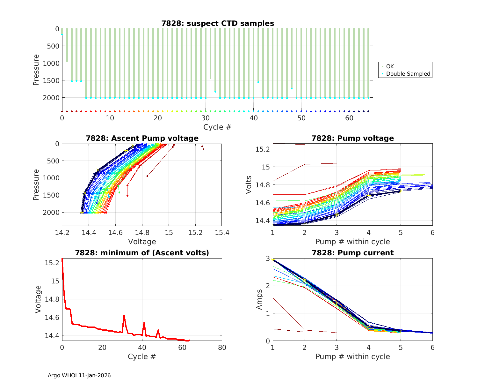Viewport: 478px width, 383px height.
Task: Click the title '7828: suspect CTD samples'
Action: (218, 23)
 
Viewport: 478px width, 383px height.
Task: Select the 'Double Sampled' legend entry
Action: (408, 74)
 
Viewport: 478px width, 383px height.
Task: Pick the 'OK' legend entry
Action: (390, 66)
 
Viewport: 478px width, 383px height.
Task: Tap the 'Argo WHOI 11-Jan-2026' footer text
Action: (79, 375)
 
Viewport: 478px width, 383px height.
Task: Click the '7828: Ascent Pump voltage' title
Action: (142, 138)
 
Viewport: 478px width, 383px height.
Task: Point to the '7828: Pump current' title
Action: (352, 253)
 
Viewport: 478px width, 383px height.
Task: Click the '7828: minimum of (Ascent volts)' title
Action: (142, 253)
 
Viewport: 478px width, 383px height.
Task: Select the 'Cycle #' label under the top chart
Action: (217, 127)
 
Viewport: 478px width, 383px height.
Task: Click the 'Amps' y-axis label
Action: (260, 299)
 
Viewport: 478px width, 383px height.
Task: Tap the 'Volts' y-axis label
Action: (249, 185)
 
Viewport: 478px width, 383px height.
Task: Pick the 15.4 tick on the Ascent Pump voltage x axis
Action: (222, 233)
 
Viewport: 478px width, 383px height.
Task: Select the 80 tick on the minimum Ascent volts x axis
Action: (222, 347)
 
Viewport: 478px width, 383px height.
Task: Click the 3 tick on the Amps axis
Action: (268, 258)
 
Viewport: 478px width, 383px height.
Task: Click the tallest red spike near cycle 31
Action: (124, 315)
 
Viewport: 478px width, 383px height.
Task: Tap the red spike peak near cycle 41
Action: (144, 323)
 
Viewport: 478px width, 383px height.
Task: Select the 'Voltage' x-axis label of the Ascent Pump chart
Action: (142, 242)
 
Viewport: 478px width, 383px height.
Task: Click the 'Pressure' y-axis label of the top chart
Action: (36, 70)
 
